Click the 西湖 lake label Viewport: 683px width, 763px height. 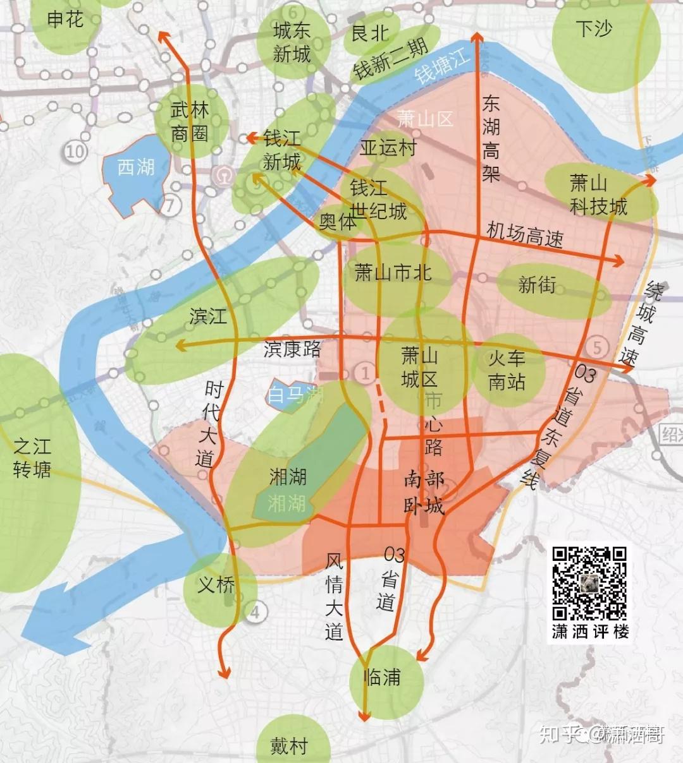pyautogui.click(x=136, y=167)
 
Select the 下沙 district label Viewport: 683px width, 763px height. pyautogui.click(x=594, y=28)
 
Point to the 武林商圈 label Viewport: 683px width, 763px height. pyautogui.click(x=190, y=121)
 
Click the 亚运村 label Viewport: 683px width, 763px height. pyautogui.click(x=388, y=148)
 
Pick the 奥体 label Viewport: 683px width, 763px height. pyautogui.click(x=337, y=222)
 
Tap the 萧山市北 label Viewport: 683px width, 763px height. pyautogui.click(x=393, y=272)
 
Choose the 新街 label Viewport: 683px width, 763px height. pyautogui.click(x=537, y=285)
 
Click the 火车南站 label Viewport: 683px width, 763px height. pyautogui.click(x=507, y=370)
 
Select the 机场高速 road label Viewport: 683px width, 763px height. pyautogui.click(x=524, y=235)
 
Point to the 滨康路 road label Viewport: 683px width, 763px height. pyautogui.click(x=292, y=349)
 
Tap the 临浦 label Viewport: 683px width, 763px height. pyautogui.click(x=383, y=678)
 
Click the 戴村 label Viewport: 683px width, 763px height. pyautogui.click(x=289, y=746)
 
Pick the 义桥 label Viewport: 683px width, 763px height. pyautogui.click(x=216, y=585)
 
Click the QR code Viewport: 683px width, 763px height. pyautogui.click(x=589, y=584)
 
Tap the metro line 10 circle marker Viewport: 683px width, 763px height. pyautogui.click(x=75, y=152)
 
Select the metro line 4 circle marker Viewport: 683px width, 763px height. pyautogui.click(x=255, y=611)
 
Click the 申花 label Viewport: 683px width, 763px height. pyautogui.click(x=65, y=20)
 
